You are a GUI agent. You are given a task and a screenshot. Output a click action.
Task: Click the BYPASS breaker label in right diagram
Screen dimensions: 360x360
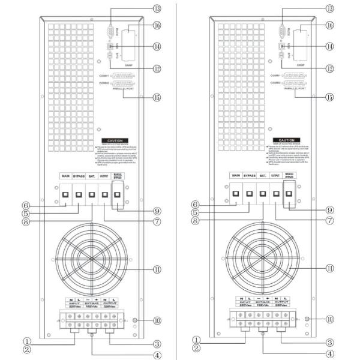[248, 176]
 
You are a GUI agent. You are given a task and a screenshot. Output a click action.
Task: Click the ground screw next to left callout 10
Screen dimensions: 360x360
[135, 321]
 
